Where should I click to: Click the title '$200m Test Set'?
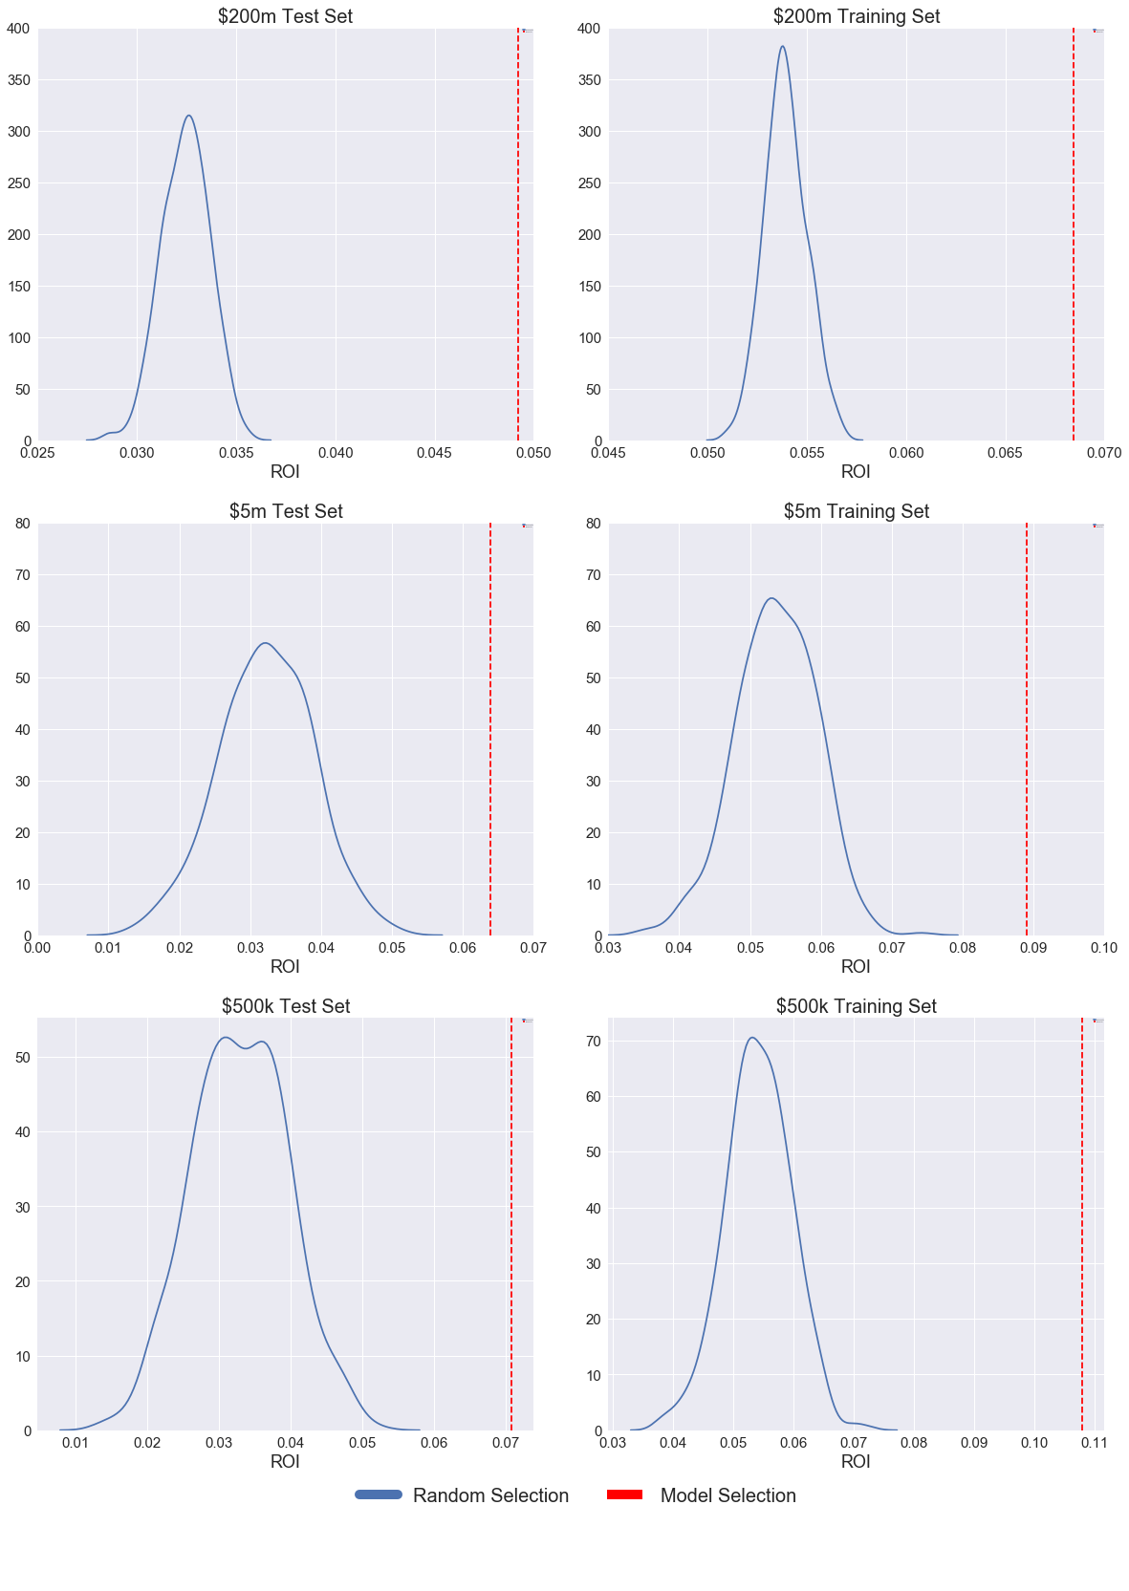pyautogui.click(x=285, y=16)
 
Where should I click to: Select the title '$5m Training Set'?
pyautogui.click(x=856, y=511)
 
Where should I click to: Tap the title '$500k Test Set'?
pyautogui.click(x=285, y=1006)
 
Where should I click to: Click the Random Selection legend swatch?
pyautogui.click(x=379, y=1494)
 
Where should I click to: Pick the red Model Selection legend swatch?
pyautogui.click(x=624, y=1494)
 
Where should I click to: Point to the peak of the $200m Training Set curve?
pyautogui.click(x=783, y=46)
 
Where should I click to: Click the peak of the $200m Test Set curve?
pyautogui.click(x=188, y=116)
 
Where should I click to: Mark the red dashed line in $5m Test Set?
pyautogui.click(x=490, y=726)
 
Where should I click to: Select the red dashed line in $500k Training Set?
pyautogui.click(x=1082, y=1223)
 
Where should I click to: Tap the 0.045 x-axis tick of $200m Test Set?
pyautogui.click(x=434, y=453)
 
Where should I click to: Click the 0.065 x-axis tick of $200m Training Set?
pyautogui.click(x=1005, y=453)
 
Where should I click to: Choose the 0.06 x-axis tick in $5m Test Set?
pyautogui.click(x=463, y=948)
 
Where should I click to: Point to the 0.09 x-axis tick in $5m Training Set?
pyautogui.click(x=1033, y=948)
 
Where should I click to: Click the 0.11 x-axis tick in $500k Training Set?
pyautogui.click(x=1095, y=1443)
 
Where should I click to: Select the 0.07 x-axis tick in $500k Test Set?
pyautogui.click(x=506, y=1443)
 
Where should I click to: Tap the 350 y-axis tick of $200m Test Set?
pyautogui.click(x=18, y=80)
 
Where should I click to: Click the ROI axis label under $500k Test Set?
pyautogui.click(x=285, y=1461)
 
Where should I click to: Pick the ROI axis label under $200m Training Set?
pyautogui.click(x=856, y=471)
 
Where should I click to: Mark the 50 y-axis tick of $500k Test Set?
pyautogui.click(x=21, y=1057)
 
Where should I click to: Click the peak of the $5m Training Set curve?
pyautogui.click(x=771, y=598)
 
